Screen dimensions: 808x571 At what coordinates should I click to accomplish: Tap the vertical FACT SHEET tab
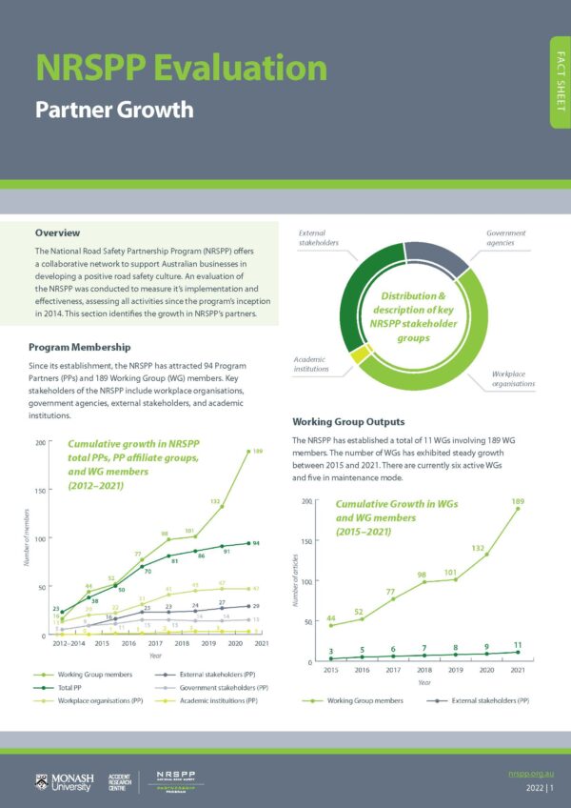[x=559, y=82]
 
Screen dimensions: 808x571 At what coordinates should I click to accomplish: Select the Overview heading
[x=57, y=232]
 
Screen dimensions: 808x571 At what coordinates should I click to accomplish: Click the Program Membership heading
[x=79, y=347]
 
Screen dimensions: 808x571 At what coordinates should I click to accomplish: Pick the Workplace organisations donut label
[x=513, y=378]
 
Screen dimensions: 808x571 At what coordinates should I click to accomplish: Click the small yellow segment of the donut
[x=358, y=355]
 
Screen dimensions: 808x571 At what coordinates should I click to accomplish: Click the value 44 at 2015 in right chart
[x=331, y=619]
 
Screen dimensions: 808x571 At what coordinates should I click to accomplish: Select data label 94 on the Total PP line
[x=256, y=542]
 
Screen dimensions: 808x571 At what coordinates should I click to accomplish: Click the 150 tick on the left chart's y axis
[x=38, y=491]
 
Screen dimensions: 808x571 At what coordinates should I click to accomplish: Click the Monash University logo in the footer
[x=65, y=782]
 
